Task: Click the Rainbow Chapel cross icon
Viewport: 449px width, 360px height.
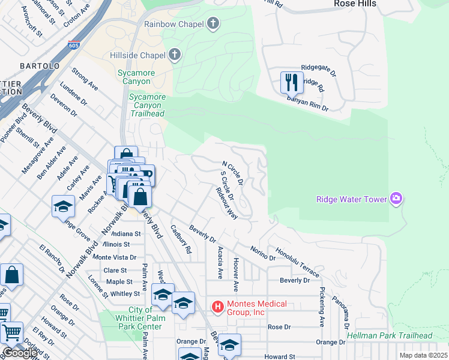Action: coord(212,25)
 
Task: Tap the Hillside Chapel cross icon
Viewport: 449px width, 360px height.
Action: coord(175,56)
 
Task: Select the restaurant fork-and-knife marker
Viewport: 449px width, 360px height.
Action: coord(292,82)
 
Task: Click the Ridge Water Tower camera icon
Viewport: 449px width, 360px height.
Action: coord(396,199)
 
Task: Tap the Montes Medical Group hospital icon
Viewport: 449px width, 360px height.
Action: coord(218,308)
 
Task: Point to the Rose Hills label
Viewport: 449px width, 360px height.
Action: coord(355,4)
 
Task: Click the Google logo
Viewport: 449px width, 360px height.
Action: coord(20,353)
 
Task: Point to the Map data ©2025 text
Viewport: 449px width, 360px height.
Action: coord(424,355)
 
